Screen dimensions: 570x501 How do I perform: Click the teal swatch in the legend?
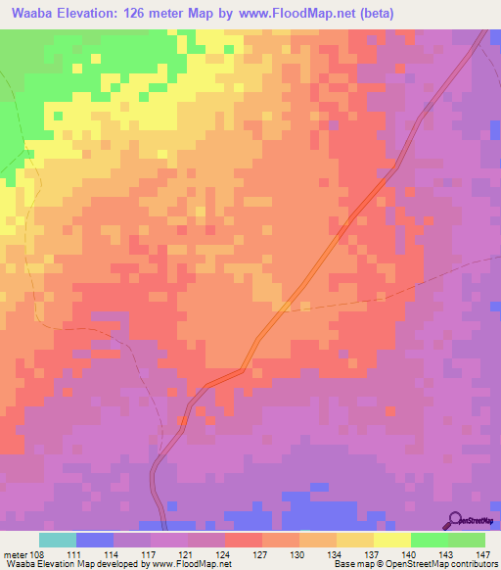58,540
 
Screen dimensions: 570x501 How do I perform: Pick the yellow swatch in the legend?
392,540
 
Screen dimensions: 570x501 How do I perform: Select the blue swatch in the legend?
95,540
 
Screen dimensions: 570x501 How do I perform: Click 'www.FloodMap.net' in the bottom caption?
193,564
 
